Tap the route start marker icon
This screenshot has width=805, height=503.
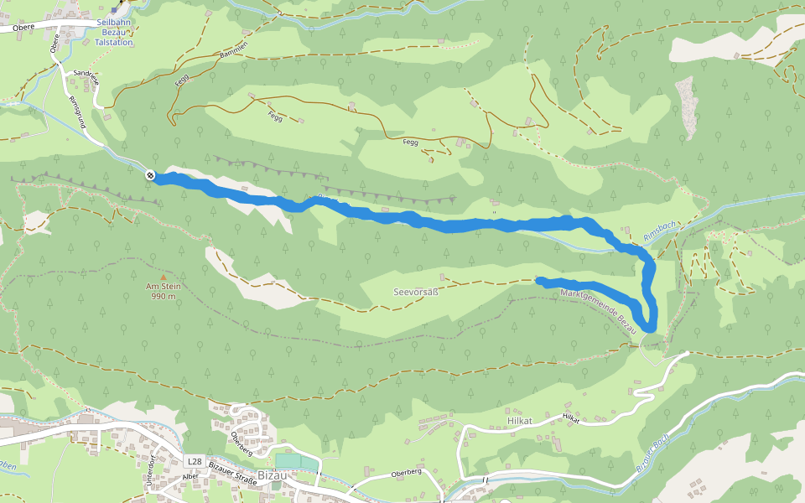pos(149,175)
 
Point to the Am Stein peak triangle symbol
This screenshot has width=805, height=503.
pos(164,277)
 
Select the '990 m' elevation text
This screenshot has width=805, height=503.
pos(164,296)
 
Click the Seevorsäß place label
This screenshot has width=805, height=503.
pos(417,292)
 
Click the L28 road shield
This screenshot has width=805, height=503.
pos(195,462)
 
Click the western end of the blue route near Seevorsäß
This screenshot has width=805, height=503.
pos(539,280)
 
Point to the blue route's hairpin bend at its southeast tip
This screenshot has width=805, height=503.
pos(647,325)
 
